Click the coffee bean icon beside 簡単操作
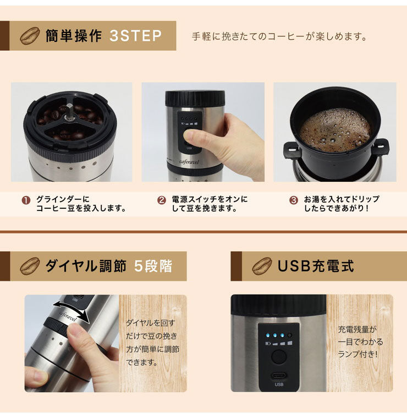(x=29, y=36)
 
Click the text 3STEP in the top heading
(x=135, y=36)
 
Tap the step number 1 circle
(x=26, y=200)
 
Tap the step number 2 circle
(x=161, y=200)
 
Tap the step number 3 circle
(x=293, y=200)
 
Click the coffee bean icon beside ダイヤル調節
(x=29, y=267)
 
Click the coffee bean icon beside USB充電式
(x=262, y=267)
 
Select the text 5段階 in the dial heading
(x=153, y=267)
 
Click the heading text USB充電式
(x=315, y=267)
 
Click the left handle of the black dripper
(x=290, y=149)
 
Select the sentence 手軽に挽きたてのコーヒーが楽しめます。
(x=279, y=37)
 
